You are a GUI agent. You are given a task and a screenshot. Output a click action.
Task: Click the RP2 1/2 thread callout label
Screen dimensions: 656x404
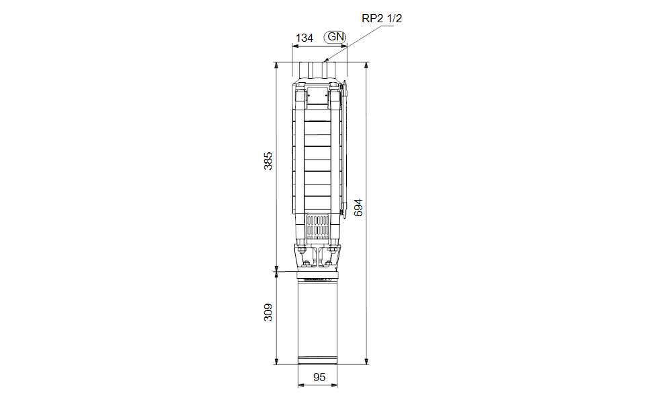coord(382,18)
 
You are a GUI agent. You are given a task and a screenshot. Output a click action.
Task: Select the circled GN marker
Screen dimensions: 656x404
coord(335,37)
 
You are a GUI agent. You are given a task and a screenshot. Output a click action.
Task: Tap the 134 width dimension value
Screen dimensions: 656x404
coord(304,38)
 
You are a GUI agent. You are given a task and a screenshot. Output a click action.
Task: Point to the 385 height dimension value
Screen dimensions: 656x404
coord(268,161)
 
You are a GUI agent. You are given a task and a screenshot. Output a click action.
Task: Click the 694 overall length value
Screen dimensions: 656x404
coord(358,207)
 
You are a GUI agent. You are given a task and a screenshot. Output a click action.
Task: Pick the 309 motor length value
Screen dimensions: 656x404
coord(268,312)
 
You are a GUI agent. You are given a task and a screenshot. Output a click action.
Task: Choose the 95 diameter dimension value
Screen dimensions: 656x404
coord(319,377)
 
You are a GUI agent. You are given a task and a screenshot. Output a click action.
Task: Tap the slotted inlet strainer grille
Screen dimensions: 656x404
coord(317,227)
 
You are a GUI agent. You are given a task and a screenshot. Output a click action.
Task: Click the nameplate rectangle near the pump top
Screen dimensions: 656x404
coord(317,96)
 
